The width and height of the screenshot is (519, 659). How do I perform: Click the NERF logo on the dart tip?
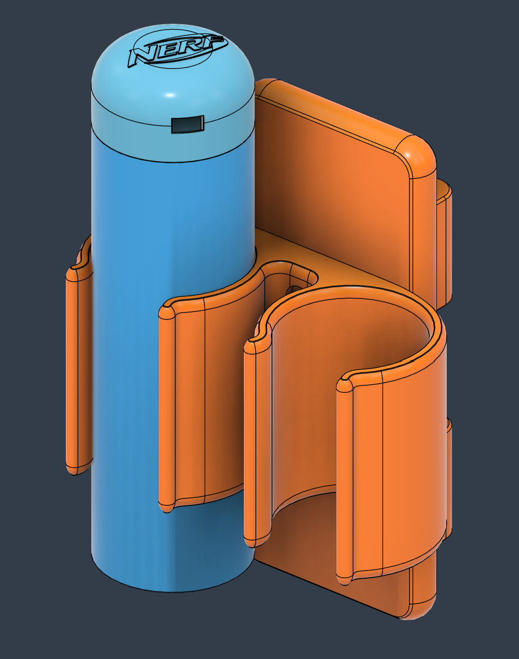coord(178,50)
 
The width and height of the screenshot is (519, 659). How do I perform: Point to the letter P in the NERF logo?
coord(213,42)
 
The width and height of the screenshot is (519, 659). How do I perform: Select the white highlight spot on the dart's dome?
coord(170,95)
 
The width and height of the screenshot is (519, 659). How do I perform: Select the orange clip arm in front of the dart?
coord(211,398)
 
